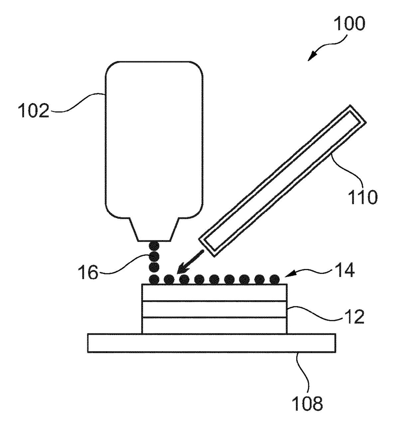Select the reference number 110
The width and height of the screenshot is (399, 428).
click(362, 197)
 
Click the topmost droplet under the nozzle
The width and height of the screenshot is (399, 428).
click(154, 246)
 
